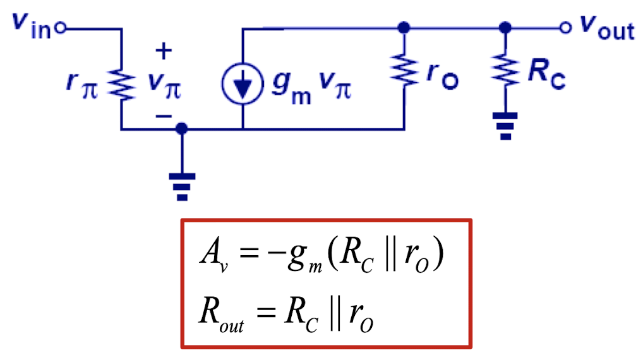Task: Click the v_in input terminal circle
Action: [x=61, y=28]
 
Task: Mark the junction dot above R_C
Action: [x=504, y=28]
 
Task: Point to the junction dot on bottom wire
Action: [x=182, y=129]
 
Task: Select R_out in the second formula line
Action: [x=217, y=313]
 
